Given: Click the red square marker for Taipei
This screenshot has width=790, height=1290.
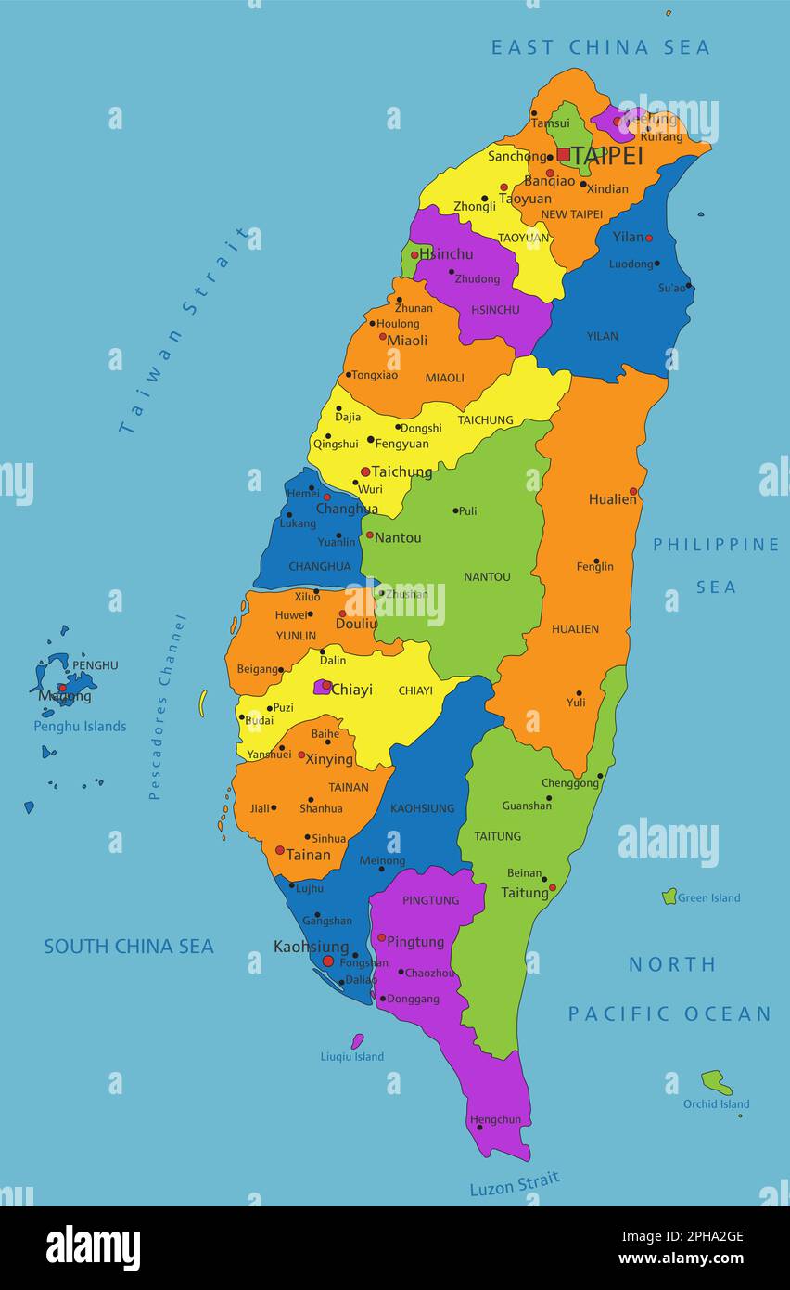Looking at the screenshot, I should pyautogui.click(x=563, y=155).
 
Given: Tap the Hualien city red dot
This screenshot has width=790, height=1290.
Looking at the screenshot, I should pyautogui.click(x=633, y=491).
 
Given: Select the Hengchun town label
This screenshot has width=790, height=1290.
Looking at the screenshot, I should pyautogui.click(x=495, y=1119).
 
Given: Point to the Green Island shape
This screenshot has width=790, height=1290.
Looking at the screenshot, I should pyautogui.click(x=669, y=897).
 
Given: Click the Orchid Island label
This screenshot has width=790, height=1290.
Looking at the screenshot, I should pyautogui.click(x=716, y=1103).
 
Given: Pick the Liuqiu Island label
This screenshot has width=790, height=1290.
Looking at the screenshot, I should pyautogui.click(x=351, y=1056).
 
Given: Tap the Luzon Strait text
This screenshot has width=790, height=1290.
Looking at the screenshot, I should pyautogui.click(x=515, y=1184).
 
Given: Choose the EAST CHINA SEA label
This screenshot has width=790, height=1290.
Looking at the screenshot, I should pyautogui.click(x=600, y=47).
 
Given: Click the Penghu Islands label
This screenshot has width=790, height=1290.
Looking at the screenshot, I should pyautogui.click(x=80, y=726).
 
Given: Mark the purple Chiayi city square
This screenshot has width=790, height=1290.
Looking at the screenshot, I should pyautogui.click(x=322, y=687).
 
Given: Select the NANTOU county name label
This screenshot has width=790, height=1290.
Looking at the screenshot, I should pyautogui.click(x=487, y=576).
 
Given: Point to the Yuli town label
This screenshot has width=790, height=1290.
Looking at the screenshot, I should pyautogui.click(x=576, y=703).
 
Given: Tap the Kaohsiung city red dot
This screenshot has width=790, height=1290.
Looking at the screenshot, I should pyautogui.click(x=327, y=961).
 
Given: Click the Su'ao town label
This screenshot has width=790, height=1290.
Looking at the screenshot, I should pyautogui.click(x=671, y=288).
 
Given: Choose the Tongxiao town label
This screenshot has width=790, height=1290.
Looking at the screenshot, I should pyautogui.click(x=375, y=375).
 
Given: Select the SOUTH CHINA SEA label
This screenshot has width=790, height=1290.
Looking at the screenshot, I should pyautogui.click(x=129, y=947).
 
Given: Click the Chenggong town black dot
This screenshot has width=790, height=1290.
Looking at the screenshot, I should pyautogui.click(x=600, y=776).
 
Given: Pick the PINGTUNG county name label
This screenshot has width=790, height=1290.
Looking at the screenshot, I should pyautogui.click(x=430, y=900).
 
